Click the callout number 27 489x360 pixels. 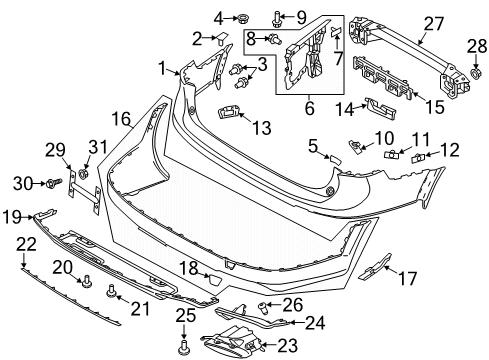coord(434,24)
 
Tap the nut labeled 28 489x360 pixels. coord(475,73)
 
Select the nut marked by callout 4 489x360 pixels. coord(241,18)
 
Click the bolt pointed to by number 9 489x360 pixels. coord(276,18)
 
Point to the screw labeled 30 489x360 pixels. coord(54,183)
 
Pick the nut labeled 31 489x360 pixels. coord(83,173)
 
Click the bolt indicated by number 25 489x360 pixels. coord(183,346)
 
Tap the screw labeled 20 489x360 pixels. coord(87,281)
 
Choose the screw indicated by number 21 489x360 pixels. coord(111,290)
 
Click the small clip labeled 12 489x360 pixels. coord(416,158)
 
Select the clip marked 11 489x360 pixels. coord(391,155)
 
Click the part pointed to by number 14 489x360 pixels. coord(380,108)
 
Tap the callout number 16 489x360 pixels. coord(121,119)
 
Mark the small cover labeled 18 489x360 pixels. coord(214,279)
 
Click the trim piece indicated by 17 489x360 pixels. coord(376,266)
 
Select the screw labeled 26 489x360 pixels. coord(262,307)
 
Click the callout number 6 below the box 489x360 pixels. coord(309,108)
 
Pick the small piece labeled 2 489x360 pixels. coord(222,38)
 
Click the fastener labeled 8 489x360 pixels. coord(275,39)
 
